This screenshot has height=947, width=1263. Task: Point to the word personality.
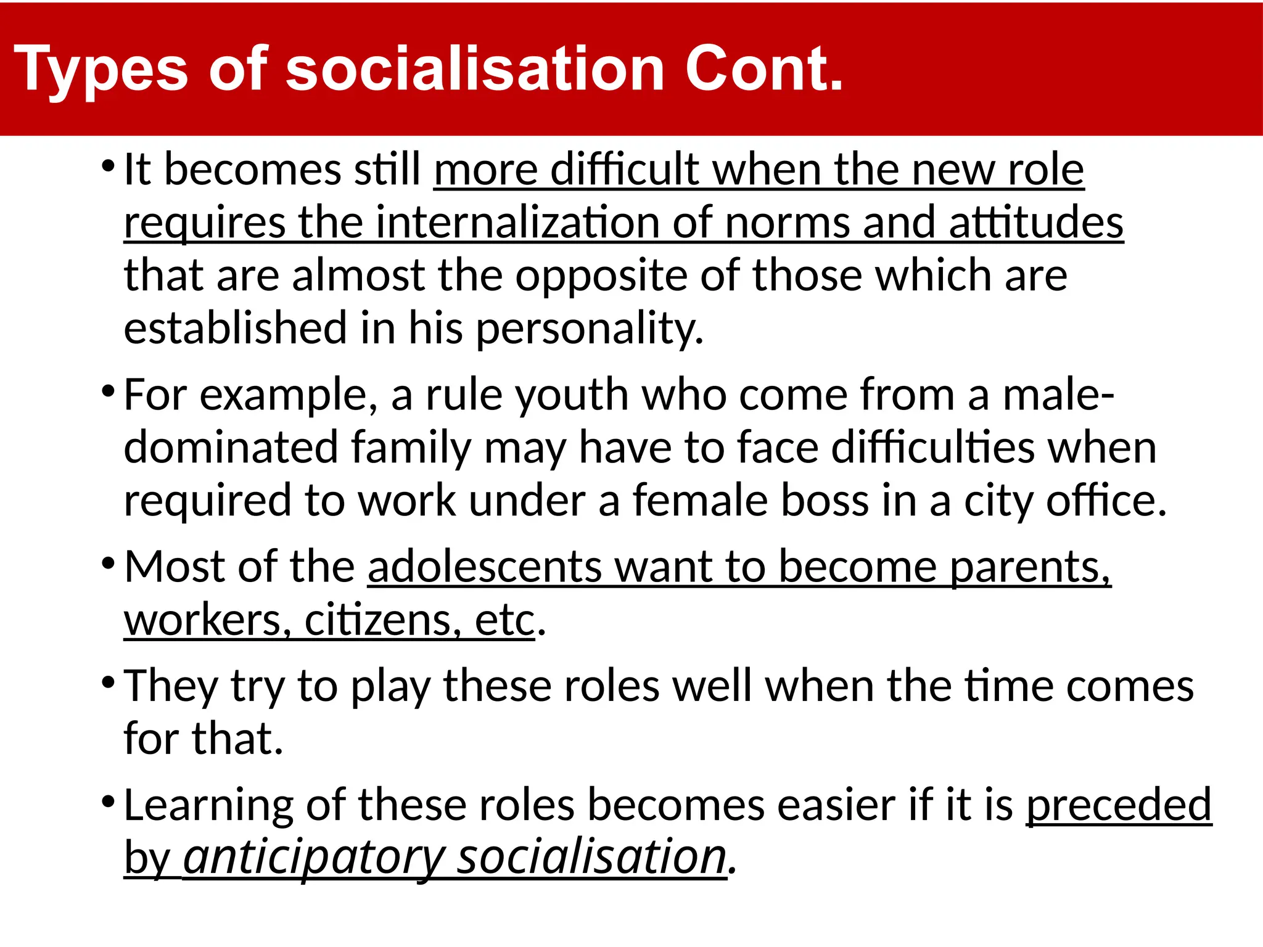point(589,328)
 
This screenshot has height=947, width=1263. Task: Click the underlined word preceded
point(1119,805)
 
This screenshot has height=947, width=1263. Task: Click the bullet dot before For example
point(108,391)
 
